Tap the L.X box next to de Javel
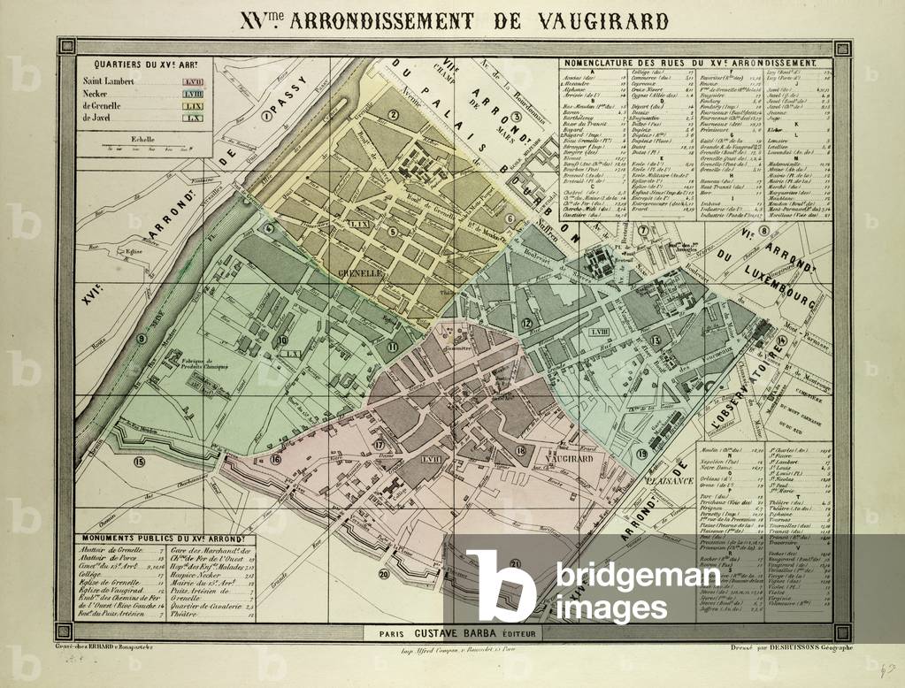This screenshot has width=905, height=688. point(194,117)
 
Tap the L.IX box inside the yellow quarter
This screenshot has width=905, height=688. point(358,226)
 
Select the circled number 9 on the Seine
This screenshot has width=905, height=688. point(142,338)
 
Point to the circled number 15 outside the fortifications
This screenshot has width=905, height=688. point(138,461)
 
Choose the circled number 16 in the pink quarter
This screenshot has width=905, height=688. point(276,459)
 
